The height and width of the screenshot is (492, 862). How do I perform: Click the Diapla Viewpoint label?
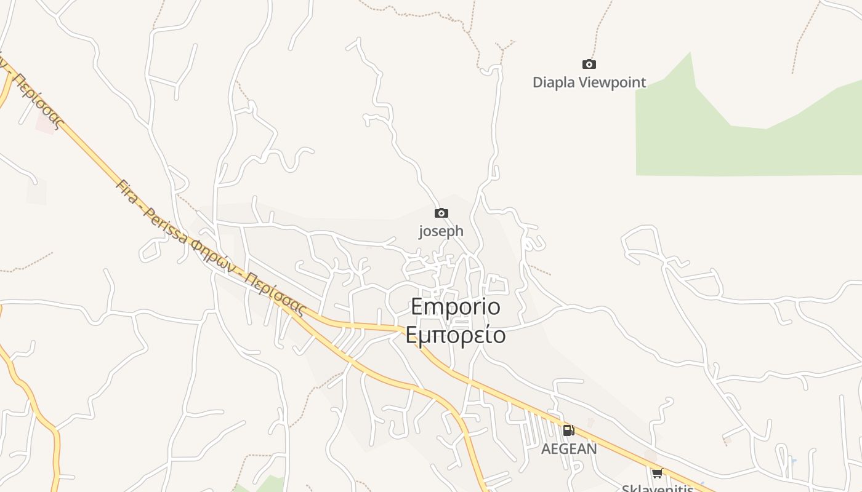pos(589,82)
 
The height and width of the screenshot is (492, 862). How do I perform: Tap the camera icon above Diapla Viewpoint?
pos(589,64)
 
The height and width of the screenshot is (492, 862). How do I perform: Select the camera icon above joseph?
pos(441,213)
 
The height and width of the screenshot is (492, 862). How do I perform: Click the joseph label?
pos(441,231)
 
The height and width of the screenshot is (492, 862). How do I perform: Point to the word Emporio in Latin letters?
pos(456,306)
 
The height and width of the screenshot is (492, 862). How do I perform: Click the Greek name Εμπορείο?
pos(456,335)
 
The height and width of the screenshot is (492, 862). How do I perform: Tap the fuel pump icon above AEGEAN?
pos(568,430)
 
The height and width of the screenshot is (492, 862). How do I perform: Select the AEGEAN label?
pos(569,449)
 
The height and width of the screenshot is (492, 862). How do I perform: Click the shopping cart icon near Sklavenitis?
pos(657,473)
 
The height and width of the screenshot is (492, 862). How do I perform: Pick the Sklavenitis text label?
pos(657,488)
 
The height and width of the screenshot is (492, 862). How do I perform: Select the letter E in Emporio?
pos(417,306)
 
